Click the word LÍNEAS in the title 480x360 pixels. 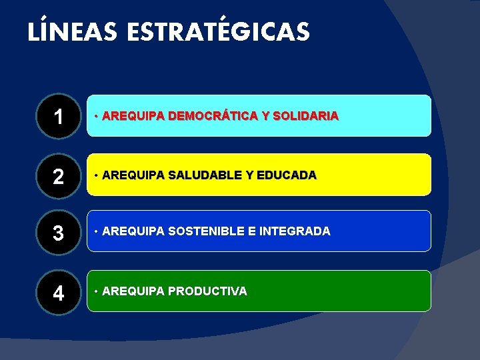[63, 32]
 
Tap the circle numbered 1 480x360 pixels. [59, 117]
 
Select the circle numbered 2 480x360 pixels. [59, 175]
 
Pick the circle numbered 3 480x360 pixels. [59, 233]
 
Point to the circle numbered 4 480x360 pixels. [59, 292]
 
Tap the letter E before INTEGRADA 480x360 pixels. [251, 231]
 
